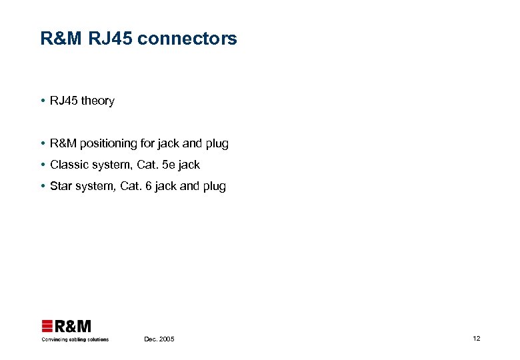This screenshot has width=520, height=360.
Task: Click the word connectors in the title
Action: coord(198,39)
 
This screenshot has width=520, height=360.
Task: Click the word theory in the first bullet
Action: coord(97,101)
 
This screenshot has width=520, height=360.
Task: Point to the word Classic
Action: coord(69,165)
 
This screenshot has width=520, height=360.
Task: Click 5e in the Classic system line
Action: coord(169,165)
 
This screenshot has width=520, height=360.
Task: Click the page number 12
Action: coord(476,339)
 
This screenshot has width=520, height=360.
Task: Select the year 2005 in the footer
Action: coord(166,339)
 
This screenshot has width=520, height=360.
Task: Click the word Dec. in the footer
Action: coord(151,339)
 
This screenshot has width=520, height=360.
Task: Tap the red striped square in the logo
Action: coord(47,326)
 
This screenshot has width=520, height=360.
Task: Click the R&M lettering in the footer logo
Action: coord(73,326)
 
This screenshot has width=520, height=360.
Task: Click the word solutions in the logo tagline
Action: coord(97,339)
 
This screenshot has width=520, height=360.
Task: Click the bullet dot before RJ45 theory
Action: coord(43,101)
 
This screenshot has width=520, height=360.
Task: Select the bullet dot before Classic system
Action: coord(43,165)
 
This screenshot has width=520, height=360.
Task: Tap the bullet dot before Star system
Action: coord(43,187)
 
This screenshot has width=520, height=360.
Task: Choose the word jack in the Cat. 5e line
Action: coord(189,165)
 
